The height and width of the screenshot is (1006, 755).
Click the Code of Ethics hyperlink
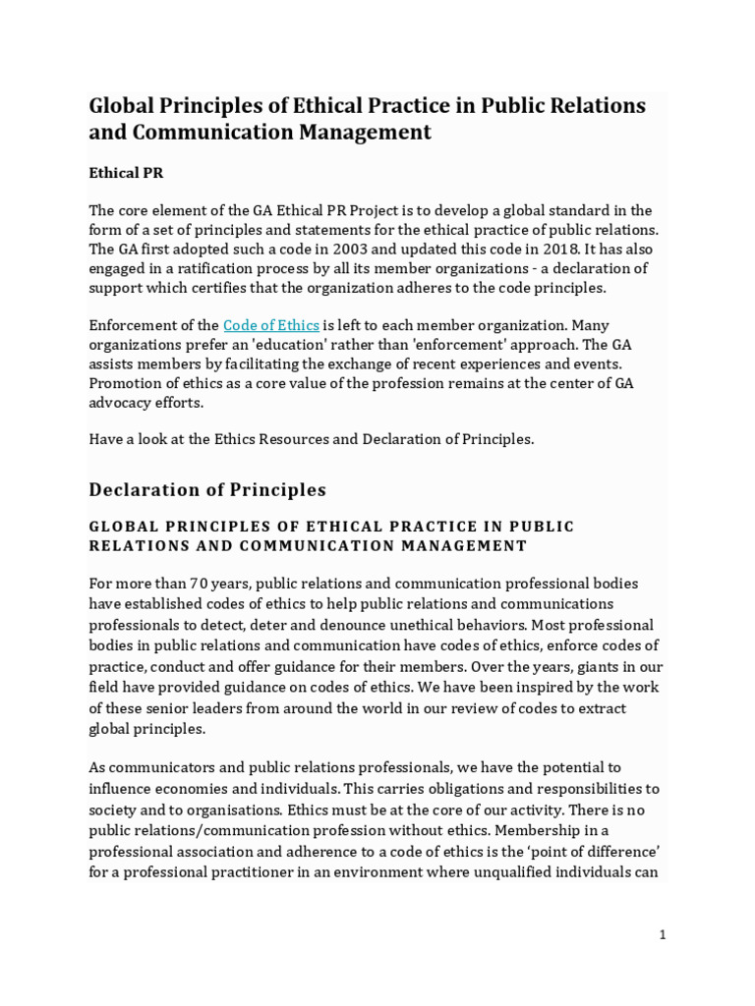pos(271,325)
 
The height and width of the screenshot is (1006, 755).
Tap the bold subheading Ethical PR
pos(126,173)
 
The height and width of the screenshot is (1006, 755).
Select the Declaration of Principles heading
pos(207,489)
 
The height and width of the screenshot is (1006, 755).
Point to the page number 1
pos(663,935)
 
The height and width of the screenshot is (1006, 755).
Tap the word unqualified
pos(520,871)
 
